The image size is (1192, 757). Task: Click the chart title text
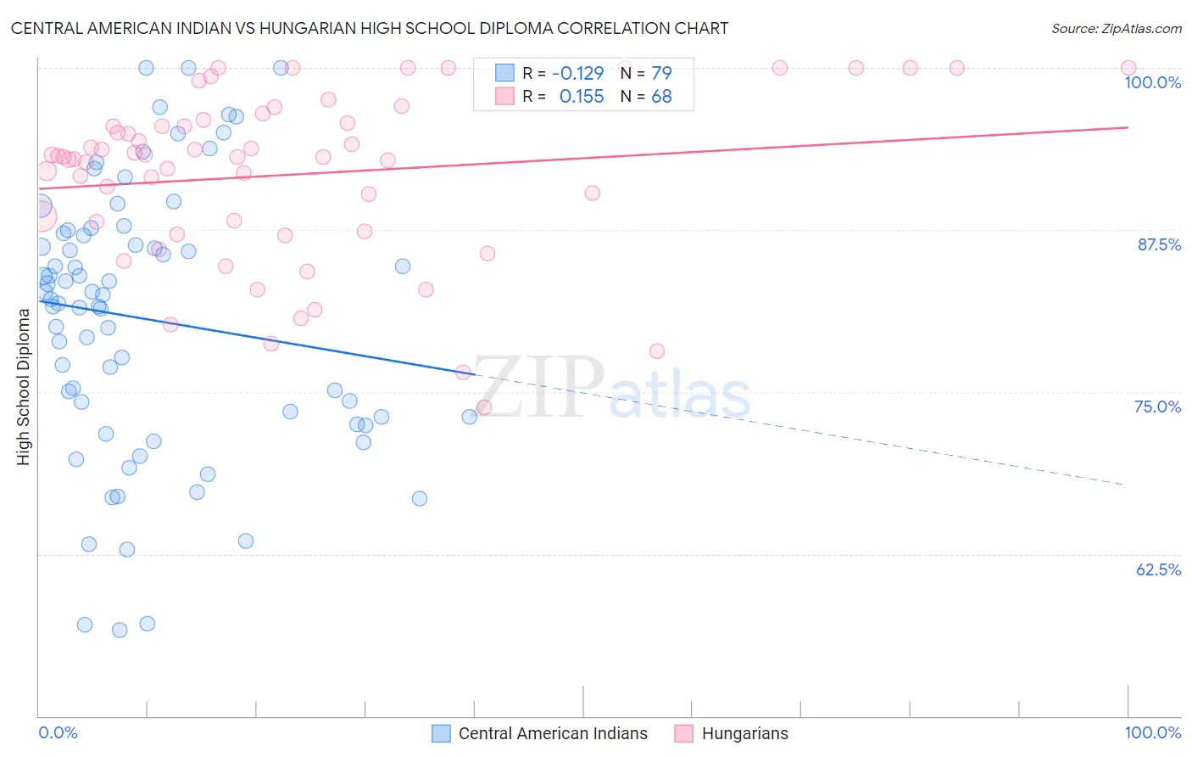(x=369, y=28)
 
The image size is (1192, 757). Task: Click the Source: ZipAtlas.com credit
(x=1116, y=28)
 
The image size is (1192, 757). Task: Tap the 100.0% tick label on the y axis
(x=1152, y=82)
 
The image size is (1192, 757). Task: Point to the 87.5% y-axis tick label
(x=1159, y=244)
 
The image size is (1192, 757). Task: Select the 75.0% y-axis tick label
(x=1157, y=407)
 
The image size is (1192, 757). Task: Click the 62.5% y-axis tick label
(x=1158, y=569)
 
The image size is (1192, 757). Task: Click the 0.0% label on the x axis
(x=58, y=732)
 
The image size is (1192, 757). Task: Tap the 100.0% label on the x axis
(x=1152, y=732)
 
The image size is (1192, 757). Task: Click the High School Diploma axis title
(x=24, y=386)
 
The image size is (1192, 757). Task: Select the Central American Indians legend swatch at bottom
(x=441, y=733)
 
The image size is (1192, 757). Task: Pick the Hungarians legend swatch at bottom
(x=683, y=733)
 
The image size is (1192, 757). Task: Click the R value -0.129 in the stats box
(x=577, y=73)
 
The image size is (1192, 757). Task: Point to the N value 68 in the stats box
(x=661, y=97)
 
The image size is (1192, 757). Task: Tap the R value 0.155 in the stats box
(x=582, y=97)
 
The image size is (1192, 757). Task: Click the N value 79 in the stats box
(x=661, y=73)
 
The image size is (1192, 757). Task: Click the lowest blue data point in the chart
(x=120, y=630)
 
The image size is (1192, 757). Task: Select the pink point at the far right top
(x=1128, y=68)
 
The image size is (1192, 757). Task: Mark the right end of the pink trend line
(x=1128, y=127)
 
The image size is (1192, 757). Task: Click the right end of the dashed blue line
(x=1124, y=484)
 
